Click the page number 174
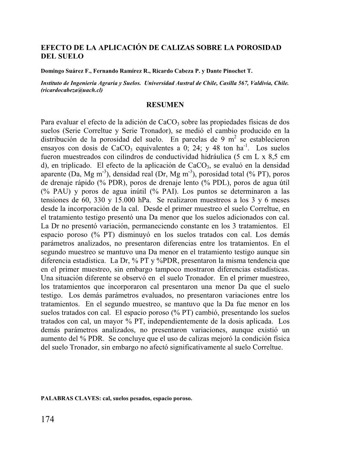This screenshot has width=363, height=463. pyautogui.click(x=48, y=419)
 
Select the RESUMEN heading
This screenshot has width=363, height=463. pyautogui.click(x=165, y=105)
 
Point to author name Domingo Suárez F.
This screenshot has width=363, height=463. pyautogui.click(x=60, y=71)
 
